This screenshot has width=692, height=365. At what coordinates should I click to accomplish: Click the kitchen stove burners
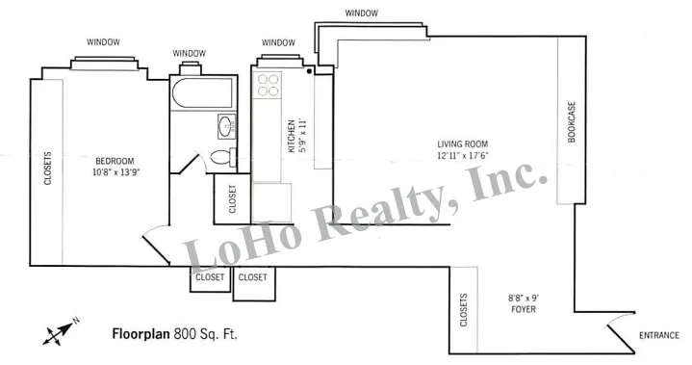[x=269, y=84]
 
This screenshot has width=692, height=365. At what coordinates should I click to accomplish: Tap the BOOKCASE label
[x=571, y=123]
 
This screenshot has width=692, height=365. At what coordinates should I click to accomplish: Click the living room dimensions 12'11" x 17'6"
[x=462, y=156]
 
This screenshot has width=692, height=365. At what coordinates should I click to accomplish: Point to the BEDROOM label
[x=115, y=161]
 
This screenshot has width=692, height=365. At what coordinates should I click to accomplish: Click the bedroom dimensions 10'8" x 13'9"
[x=115, y=173]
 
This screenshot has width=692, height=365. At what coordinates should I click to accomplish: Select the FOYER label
[x=524, y=310]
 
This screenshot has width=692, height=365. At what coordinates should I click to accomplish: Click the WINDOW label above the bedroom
[x=103, y=41]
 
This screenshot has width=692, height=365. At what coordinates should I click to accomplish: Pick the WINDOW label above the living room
[x=361, y=13]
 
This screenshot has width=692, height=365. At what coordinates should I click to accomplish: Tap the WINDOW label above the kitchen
[x=278, y=42]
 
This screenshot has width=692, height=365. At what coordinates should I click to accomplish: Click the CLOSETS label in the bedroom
[x=46, y=170]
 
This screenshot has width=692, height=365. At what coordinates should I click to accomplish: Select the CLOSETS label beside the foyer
[x=464, y=309]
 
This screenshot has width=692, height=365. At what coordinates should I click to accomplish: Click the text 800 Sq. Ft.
[x=205, y=334]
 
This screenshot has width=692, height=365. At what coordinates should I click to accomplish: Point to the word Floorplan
[x=141, y=334]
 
